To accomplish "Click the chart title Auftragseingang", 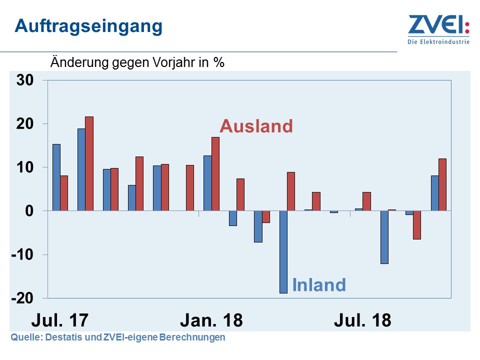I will [x=88, y=25].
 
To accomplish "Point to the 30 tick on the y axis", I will [x=24, y=80].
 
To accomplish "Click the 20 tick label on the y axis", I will [x=24, y=123].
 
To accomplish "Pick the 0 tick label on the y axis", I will [x=29, y=211].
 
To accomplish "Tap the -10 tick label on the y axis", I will [x=22, y=254].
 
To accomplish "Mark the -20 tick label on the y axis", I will [x=22, y=298].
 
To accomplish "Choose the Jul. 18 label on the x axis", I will [x=362, y=320].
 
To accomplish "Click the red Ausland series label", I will [x=256, y=126].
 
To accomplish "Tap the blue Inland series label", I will [x=319, y=285].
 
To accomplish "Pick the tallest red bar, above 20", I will [x=89, y=163].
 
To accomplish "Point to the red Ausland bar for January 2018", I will [x=215, y=174].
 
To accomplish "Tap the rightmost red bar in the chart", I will [x=442, y=184].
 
